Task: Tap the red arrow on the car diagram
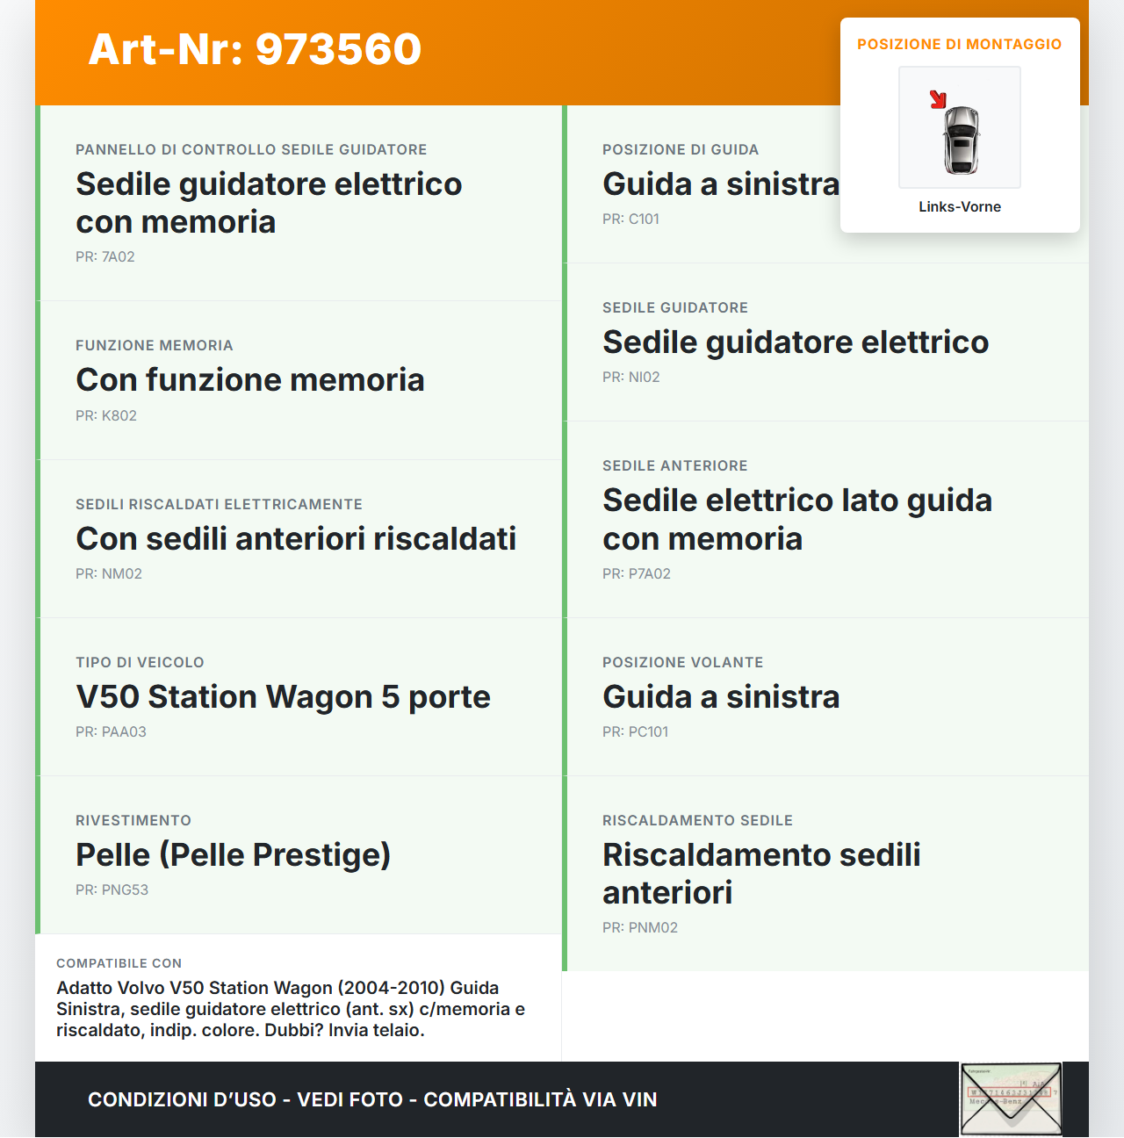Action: (x=938, y=99)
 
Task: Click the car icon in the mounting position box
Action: (x=961, y=139)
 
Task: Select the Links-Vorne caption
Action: (x=960, y=206)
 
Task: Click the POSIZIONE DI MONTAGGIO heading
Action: (x=959, y=44)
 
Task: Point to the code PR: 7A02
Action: (x=105, y=256)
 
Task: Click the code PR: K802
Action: (x=106, y=415)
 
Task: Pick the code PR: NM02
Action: (x=109, y=573)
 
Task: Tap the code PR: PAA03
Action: (x=111, y=731)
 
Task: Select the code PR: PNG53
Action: (x=112, y=890)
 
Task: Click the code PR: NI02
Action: (x=630, y=377)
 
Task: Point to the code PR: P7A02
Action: (x=636, y=573)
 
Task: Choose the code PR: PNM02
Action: (x=639, y=927)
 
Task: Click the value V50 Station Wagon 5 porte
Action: (x=283, y=696)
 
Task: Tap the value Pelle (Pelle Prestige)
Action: (x=233, y=854)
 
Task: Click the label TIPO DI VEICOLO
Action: (x=140, y=662)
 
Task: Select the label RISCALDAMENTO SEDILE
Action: (x=697, y=820)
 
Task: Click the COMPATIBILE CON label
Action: (x=119, y=963)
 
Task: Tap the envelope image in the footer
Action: (x=1011, y=1098)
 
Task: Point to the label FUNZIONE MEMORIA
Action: (x=154, y=345)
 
